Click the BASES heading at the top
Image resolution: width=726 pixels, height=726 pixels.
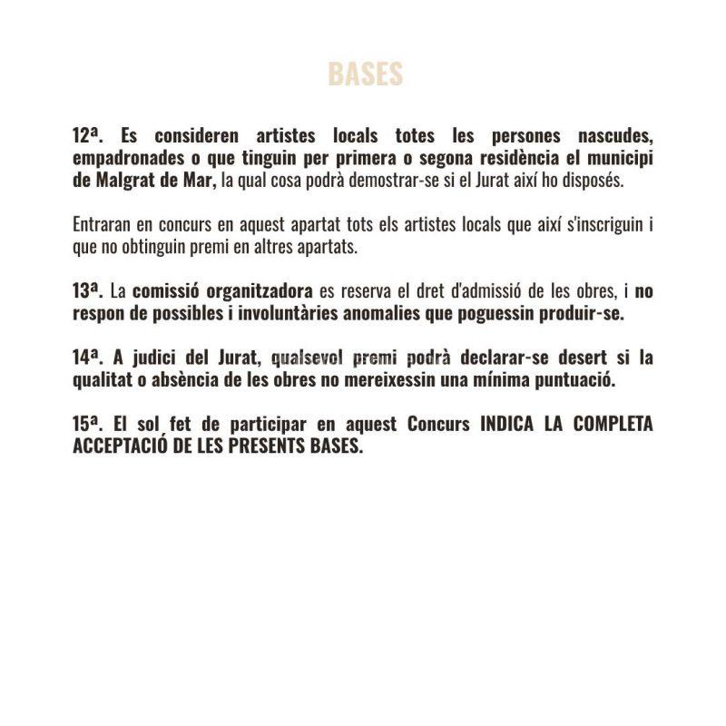(365, 74)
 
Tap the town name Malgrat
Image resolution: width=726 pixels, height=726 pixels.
(124, 180)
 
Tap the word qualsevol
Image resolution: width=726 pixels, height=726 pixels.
(308, 358)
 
